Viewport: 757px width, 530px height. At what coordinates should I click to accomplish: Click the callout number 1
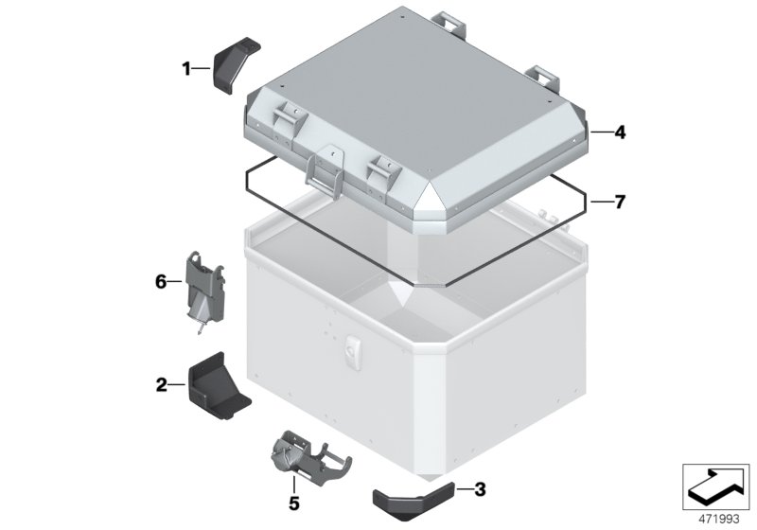click(187, 67)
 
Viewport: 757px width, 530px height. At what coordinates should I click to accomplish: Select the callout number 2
click(162, 384)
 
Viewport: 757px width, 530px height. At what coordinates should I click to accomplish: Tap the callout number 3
click(480, 489)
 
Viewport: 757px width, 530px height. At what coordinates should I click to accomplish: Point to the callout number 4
click(620, 133)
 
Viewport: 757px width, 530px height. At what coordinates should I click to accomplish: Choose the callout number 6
click(161, 281)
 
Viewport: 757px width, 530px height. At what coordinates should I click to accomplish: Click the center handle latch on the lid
click(325, 170)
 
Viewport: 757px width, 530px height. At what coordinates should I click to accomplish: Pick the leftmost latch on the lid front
click(286, 120)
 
